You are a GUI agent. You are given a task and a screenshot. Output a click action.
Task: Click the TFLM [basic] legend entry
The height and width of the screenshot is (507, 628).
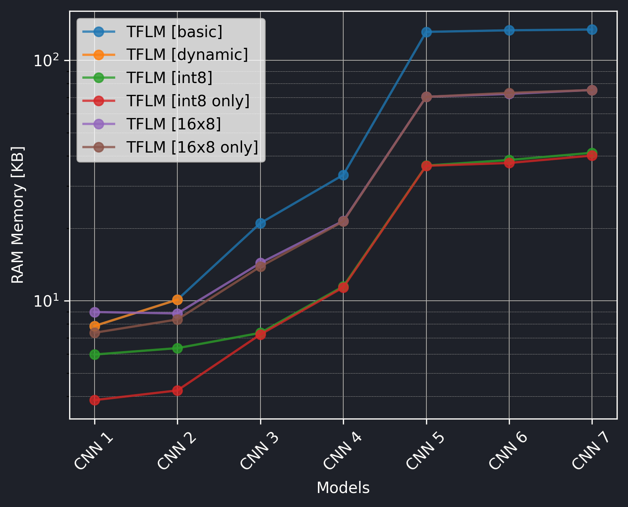pos(174,32)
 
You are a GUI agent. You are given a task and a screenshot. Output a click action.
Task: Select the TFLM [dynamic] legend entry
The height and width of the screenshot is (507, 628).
pos(187,55)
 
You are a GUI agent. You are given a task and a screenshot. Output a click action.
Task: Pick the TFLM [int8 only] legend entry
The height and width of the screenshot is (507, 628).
pos(188,101)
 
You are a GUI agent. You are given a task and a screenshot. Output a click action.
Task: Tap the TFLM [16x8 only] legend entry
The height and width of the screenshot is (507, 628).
pos(192,147)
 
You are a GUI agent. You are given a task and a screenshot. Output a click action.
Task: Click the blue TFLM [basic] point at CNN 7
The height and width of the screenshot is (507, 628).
pos(592,30)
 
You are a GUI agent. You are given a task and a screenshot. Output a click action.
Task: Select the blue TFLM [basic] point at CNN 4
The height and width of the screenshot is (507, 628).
pos(343,175)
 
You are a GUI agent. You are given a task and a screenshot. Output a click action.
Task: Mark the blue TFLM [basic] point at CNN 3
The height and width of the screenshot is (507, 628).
pos(260,223)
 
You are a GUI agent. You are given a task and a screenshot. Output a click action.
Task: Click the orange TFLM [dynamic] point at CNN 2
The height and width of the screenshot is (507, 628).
pos(177,300)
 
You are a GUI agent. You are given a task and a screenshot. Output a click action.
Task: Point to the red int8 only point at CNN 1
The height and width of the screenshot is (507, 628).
pos(95,400)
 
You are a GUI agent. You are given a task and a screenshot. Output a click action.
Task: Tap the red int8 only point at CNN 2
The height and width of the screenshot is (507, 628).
pos(177,390)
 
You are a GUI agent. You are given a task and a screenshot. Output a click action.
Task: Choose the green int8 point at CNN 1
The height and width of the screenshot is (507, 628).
pos(95,354)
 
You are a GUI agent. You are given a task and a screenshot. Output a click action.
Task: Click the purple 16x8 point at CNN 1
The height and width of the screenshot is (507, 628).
pos(95,312)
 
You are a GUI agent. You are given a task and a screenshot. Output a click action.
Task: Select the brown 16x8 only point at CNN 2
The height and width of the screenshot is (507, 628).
pos(177,320)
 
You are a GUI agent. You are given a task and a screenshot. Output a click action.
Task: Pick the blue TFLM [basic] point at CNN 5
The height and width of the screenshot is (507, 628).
pos(426,32)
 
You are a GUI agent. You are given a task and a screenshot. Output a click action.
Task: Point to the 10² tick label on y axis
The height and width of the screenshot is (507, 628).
pos(46,60)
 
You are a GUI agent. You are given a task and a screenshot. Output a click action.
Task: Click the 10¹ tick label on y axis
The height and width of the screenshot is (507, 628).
pos(46,301)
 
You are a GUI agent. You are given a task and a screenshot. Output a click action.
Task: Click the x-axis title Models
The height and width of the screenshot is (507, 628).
pos(343,488)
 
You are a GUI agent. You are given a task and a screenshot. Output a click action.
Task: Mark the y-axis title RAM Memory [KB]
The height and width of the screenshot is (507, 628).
pos(18,215)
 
